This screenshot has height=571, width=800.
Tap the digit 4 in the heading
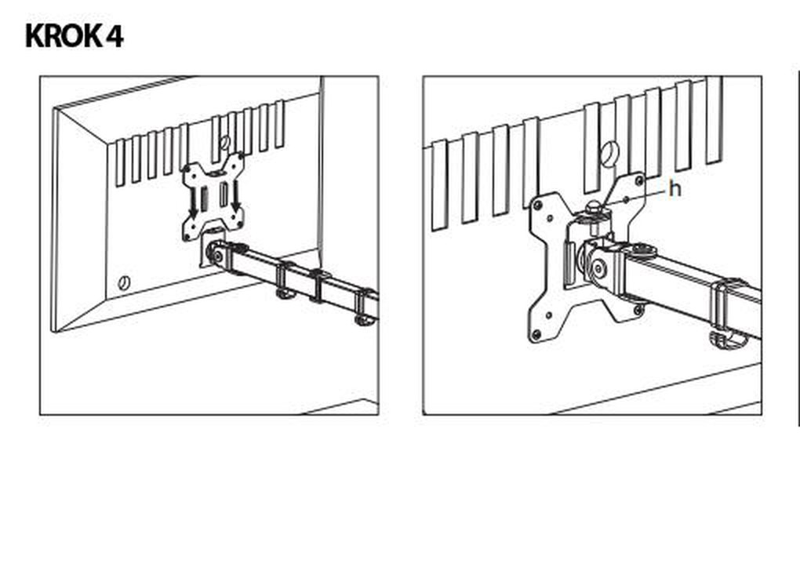tap(115, 36)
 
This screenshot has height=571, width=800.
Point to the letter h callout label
tap(675, 189)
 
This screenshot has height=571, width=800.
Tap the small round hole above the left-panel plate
tap(224, 142)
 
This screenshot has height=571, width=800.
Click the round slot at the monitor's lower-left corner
tap(123, 282)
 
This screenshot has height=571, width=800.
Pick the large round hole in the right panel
tap(609, 153)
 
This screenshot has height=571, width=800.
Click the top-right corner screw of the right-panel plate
tap(638, 180)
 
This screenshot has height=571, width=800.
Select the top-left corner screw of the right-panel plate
tap(537, 205)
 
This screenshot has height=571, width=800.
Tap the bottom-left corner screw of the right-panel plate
tap(536, 335)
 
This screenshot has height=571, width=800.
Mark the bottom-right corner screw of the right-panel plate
tap(637, 309)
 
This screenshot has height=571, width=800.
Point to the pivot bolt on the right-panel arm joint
tap(599, 269)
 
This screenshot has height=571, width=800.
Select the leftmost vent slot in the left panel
tap(120, 163)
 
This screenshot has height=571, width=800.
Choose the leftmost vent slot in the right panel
tap(439, 186)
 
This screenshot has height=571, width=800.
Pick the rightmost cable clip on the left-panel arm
tap(365, 307)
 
